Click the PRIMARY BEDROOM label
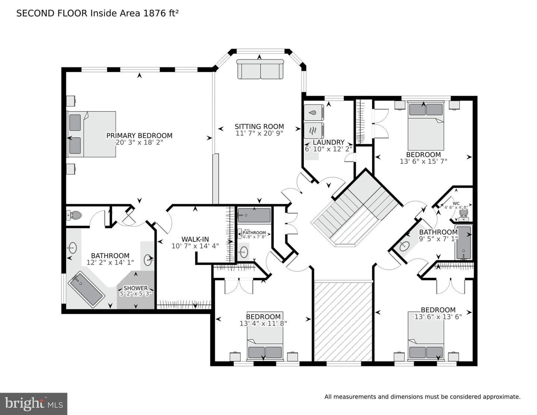click(x=139, y=135)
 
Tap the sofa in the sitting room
click(x=260, y=69)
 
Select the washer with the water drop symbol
click(x=314, y=113)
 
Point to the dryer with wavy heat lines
click(x=314, y=130)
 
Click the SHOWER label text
click(x=136, y=288)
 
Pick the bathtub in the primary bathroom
click(x=87, y=290)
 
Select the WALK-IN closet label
click(x=195, y=239)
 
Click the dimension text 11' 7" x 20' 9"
click(x=259, y=133)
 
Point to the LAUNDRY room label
click(x=329, y=142)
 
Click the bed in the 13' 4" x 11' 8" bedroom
click(x=265, y=336)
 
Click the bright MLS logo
click(x=34, y=404)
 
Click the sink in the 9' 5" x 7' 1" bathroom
click(x=405, y=246)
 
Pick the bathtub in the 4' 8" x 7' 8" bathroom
click(x=254, y=215)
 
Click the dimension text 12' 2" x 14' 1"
click(x=110, y=262)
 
